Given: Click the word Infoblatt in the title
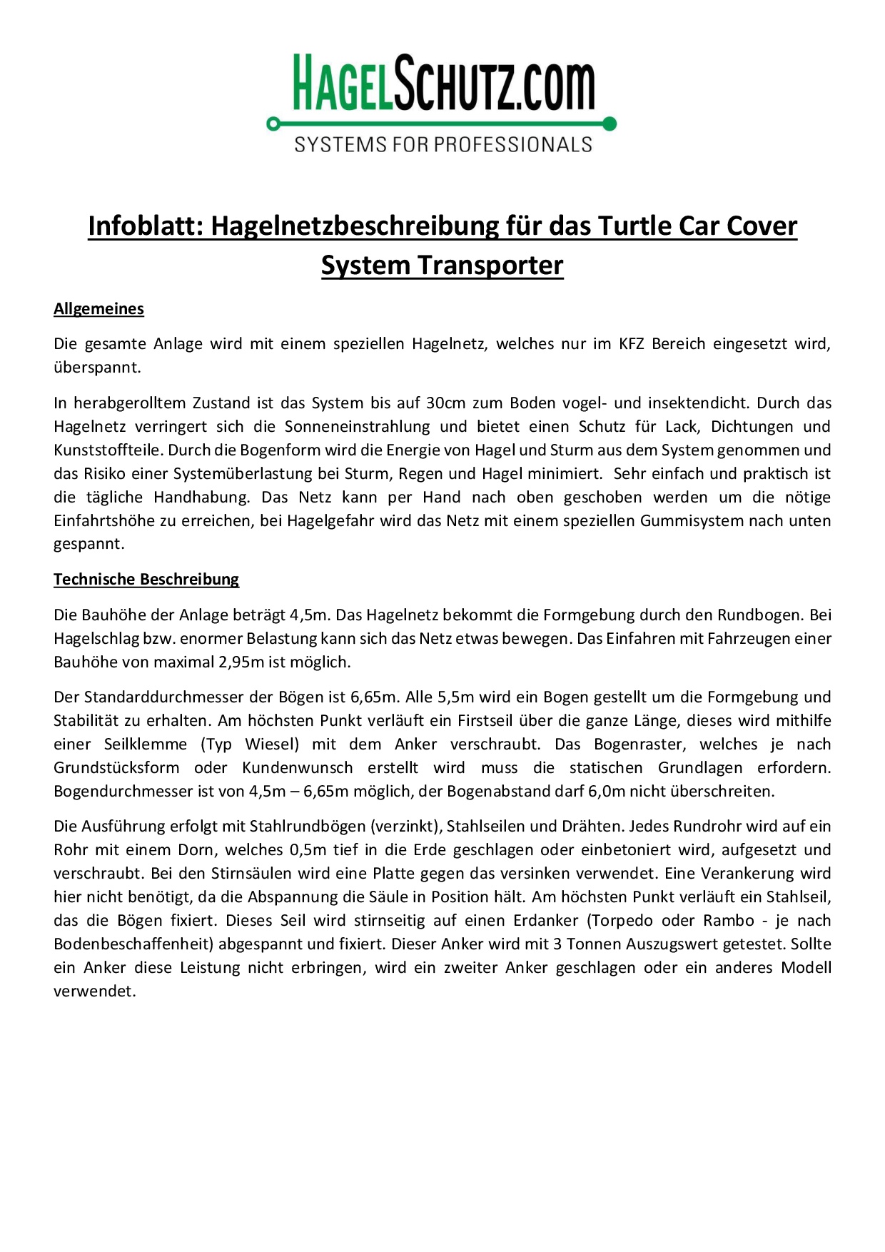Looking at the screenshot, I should [146, 226].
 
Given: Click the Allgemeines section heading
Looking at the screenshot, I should [98, 309].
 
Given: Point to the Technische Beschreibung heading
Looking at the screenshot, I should [146, 580].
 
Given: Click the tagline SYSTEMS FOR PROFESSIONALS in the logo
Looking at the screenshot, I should [443, 145].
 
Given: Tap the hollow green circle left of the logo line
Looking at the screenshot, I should [273, 124].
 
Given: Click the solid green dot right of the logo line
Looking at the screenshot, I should [610, 123].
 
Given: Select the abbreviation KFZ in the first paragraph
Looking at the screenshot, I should [631, 344].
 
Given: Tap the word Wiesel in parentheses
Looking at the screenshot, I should [270, 744].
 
